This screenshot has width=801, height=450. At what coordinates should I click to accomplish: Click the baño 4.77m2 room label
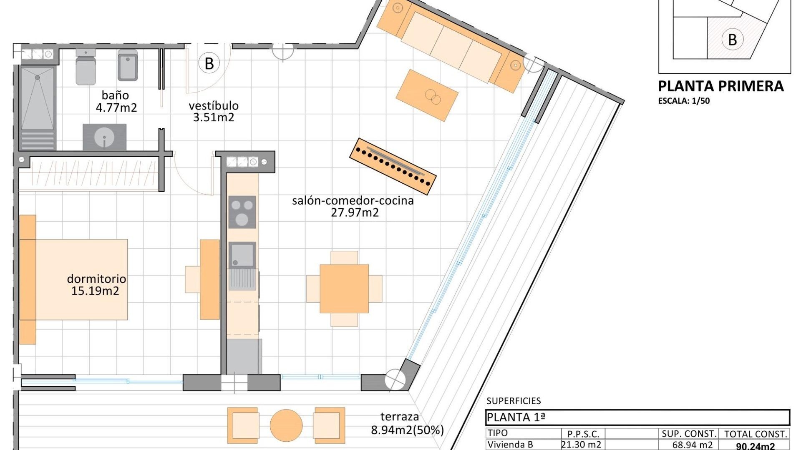click(x=116, y=102)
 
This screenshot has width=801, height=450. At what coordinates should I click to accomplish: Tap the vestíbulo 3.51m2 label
click(x=213, y=111)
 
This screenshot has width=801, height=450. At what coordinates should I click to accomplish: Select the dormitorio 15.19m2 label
click(x=96, y=285)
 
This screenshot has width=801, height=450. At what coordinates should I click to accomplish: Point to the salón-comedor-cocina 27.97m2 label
click(x=353, y=206)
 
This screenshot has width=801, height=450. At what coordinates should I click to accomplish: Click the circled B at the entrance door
click(x=209, y=64)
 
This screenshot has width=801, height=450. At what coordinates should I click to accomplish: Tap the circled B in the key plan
click(x=732, y=40)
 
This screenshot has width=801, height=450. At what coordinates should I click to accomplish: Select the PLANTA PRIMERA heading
click(x=720, y=86)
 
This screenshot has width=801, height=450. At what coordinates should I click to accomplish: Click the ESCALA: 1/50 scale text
click(x=684, y=101)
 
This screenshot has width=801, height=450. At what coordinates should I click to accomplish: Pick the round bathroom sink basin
click(x=104, y=137)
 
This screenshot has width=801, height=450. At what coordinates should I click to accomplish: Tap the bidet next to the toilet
click(x=128, y=66)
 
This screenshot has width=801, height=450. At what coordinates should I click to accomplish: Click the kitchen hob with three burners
click(x=242, y=212)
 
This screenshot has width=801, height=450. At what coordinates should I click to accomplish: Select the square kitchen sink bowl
click(x=242, y=254)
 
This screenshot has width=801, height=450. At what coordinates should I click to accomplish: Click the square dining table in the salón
click(x=344, y=288)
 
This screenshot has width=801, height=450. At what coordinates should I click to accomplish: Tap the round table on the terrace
click(x=286, y=425)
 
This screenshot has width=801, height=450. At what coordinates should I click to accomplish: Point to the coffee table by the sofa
click(x=427, y=95)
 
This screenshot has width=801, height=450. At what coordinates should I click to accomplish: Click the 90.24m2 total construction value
click(x=755, y=446)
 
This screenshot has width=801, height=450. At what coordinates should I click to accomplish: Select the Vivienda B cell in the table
click(x=510, y=445)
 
